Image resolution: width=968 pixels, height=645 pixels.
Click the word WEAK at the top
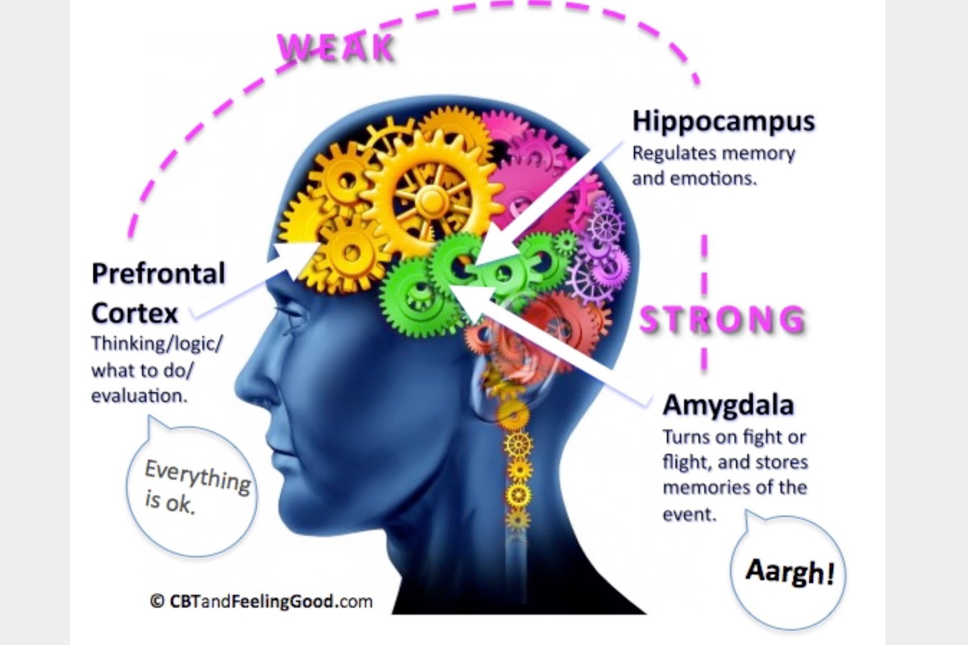(336, 48)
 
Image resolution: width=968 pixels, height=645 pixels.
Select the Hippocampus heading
(724, 121)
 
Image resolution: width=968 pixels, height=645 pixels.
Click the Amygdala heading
(728, 405)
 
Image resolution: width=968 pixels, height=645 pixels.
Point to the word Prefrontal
(158, 273)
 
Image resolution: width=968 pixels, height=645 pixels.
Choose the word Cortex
(134, 313)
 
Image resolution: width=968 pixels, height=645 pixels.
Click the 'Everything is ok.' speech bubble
(192, 488)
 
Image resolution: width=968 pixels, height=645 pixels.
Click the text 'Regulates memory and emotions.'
(713, 165)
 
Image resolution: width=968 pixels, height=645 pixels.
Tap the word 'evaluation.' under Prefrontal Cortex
(139, 396)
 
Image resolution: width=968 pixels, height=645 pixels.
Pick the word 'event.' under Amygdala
(689, 514)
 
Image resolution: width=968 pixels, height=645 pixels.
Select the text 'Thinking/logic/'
(157, 344)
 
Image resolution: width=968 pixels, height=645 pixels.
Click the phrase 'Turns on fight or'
(734, 436)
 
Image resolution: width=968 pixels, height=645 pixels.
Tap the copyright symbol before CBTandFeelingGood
(157, 601)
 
